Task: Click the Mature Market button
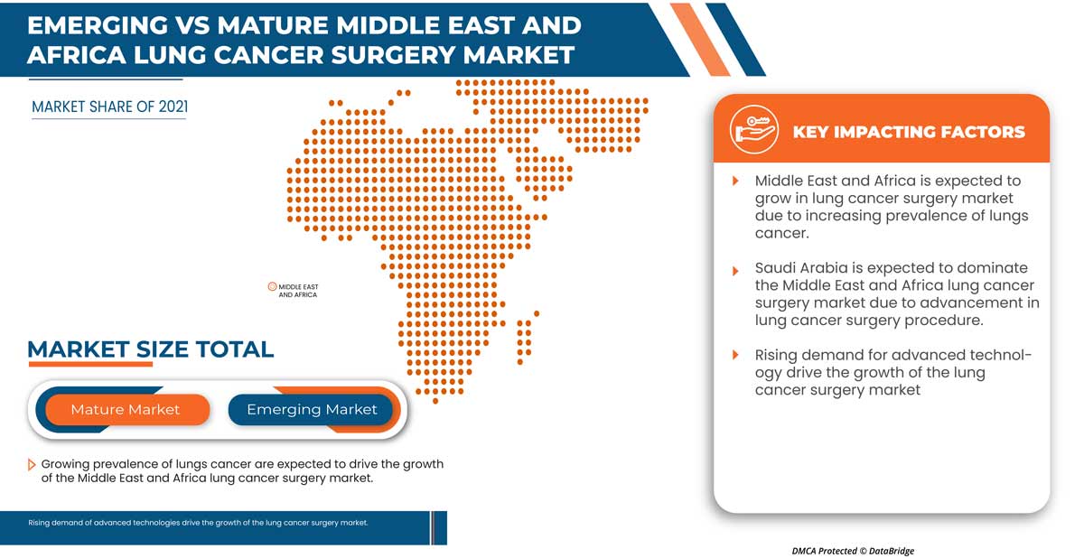point(125,410)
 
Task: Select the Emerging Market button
point(312,410)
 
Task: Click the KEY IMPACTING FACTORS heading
point(908,132)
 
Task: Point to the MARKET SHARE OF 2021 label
point(109,107)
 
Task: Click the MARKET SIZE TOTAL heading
point(150,349)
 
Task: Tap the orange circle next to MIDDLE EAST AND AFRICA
point(272,286)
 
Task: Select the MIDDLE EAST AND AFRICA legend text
point(298,291)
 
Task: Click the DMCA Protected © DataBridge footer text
point(853,550)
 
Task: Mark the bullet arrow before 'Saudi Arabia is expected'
point(735,269)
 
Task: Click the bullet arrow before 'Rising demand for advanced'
point(735,356)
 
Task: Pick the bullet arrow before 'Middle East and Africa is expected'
point(735,181)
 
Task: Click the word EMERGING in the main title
point(100,24)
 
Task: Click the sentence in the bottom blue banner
point(198,523)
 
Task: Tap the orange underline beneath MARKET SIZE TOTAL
point(89,364)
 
